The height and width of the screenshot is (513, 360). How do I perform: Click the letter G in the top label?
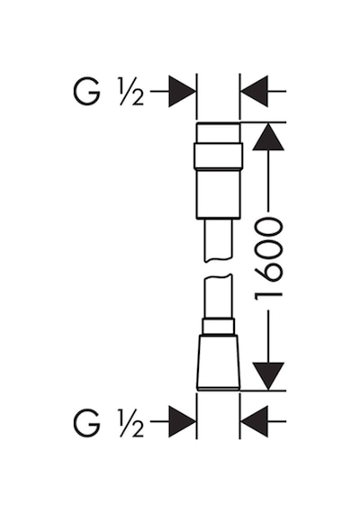(86, 93)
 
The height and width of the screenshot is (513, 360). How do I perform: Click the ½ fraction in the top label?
(131, 93)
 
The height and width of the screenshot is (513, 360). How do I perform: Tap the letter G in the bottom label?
(86, 423)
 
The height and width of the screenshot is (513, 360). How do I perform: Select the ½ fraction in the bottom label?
(131, 423)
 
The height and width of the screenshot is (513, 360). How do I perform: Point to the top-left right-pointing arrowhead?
(182, 91)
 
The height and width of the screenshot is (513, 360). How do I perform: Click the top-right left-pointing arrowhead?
(255, 91)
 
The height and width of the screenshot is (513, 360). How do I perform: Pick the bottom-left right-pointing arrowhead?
(182, 421)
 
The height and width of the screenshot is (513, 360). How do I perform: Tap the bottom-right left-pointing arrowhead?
(255, 421)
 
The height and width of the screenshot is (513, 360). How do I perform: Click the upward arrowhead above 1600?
(268, 137)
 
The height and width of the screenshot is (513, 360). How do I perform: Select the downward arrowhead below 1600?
(268, 376)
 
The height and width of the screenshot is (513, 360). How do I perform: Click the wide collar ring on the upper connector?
(219, 156)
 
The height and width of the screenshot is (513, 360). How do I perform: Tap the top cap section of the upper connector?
(219, 133)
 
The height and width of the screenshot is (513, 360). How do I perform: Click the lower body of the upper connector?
(219, 193)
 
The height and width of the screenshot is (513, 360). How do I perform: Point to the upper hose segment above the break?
(219, 240)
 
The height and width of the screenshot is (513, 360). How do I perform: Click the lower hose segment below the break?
(219, 296)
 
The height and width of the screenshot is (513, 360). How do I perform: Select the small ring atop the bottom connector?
(219, 327)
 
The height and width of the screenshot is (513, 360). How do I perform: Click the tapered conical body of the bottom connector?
(219, 362)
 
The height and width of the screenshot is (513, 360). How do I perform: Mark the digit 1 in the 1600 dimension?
(268, 296)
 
